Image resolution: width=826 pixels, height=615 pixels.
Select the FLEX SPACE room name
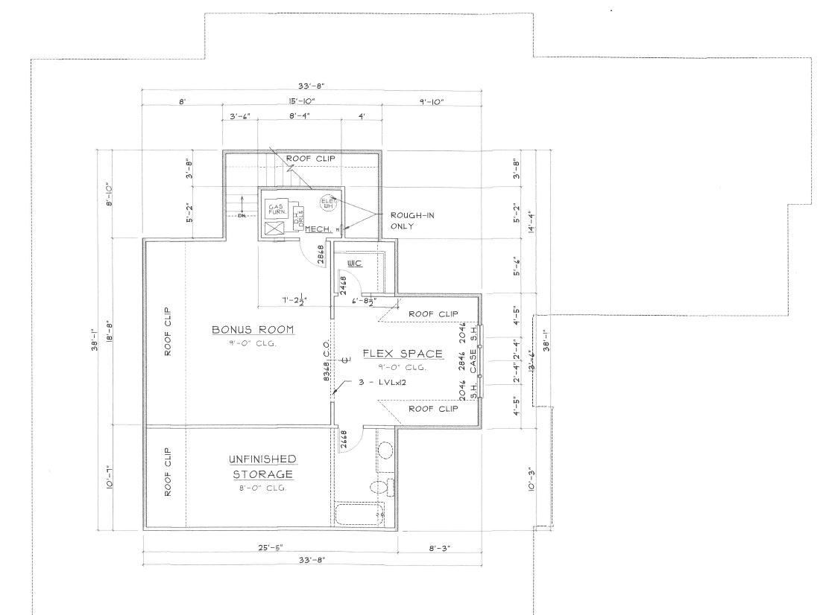(403, 354)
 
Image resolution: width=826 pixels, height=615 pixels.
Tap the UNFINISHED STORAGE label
(262, 467)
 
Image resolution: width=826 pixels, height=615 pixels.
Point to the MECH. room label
(317, 229)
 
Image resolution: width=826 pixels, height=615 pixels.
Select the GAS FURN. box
(275, 209)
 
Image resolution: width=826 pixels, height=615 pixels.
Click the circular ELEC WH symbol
(327, 202)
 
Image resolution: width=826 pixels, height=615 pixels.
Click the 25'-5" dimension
(269, 547)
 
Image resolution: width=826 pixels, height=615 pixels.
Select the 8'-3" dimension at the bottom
(438, 547)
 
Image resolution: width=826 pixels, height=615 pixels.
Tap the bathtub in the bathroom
(359, 513)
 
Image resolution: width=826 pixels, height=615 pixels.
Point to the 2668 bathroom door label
(344, 439)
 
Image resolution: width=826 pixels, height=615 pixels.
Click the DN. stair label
(242, 217)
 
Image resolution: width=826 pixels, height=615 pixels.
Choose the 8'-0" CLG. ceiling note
(262, 488)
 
